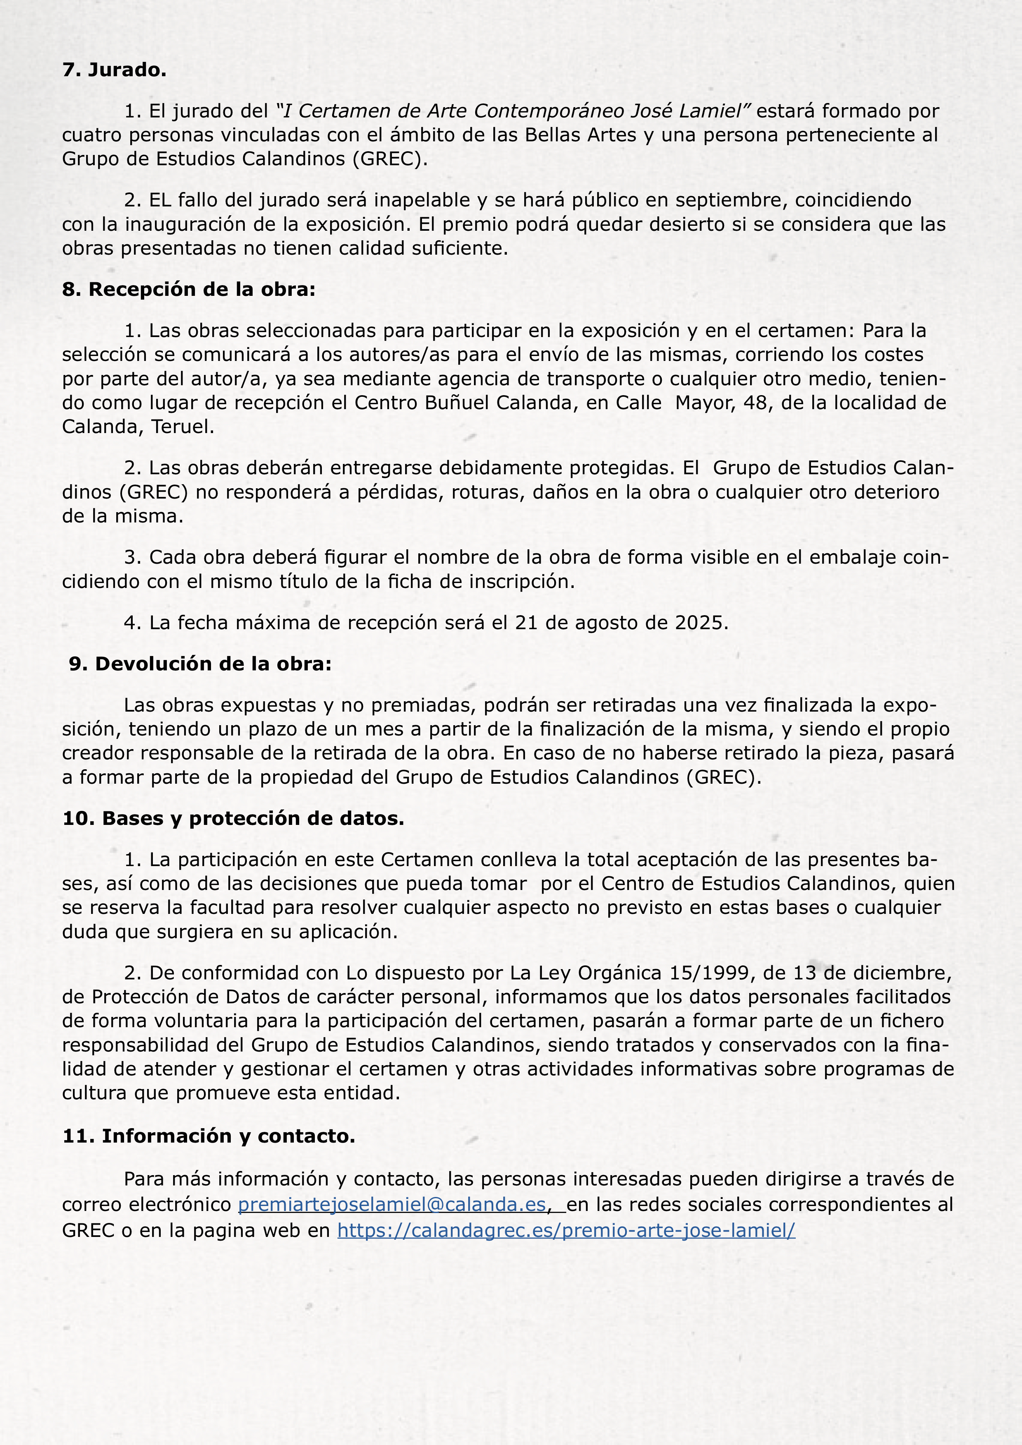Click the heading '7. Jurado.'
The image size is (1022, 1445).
coord(114,70)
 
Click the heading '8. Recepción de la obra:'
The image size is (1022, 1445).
coord(189,290)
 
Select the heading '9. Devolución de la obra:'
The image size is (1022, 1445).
coord(200,664)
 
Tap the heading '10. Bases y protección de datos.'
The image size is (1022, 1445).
coord(233,819)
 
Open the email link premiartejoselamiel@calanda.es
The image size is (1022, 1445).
coord(391,1204)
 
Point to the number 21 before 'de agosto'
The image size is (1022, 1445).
coord(525,623)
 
